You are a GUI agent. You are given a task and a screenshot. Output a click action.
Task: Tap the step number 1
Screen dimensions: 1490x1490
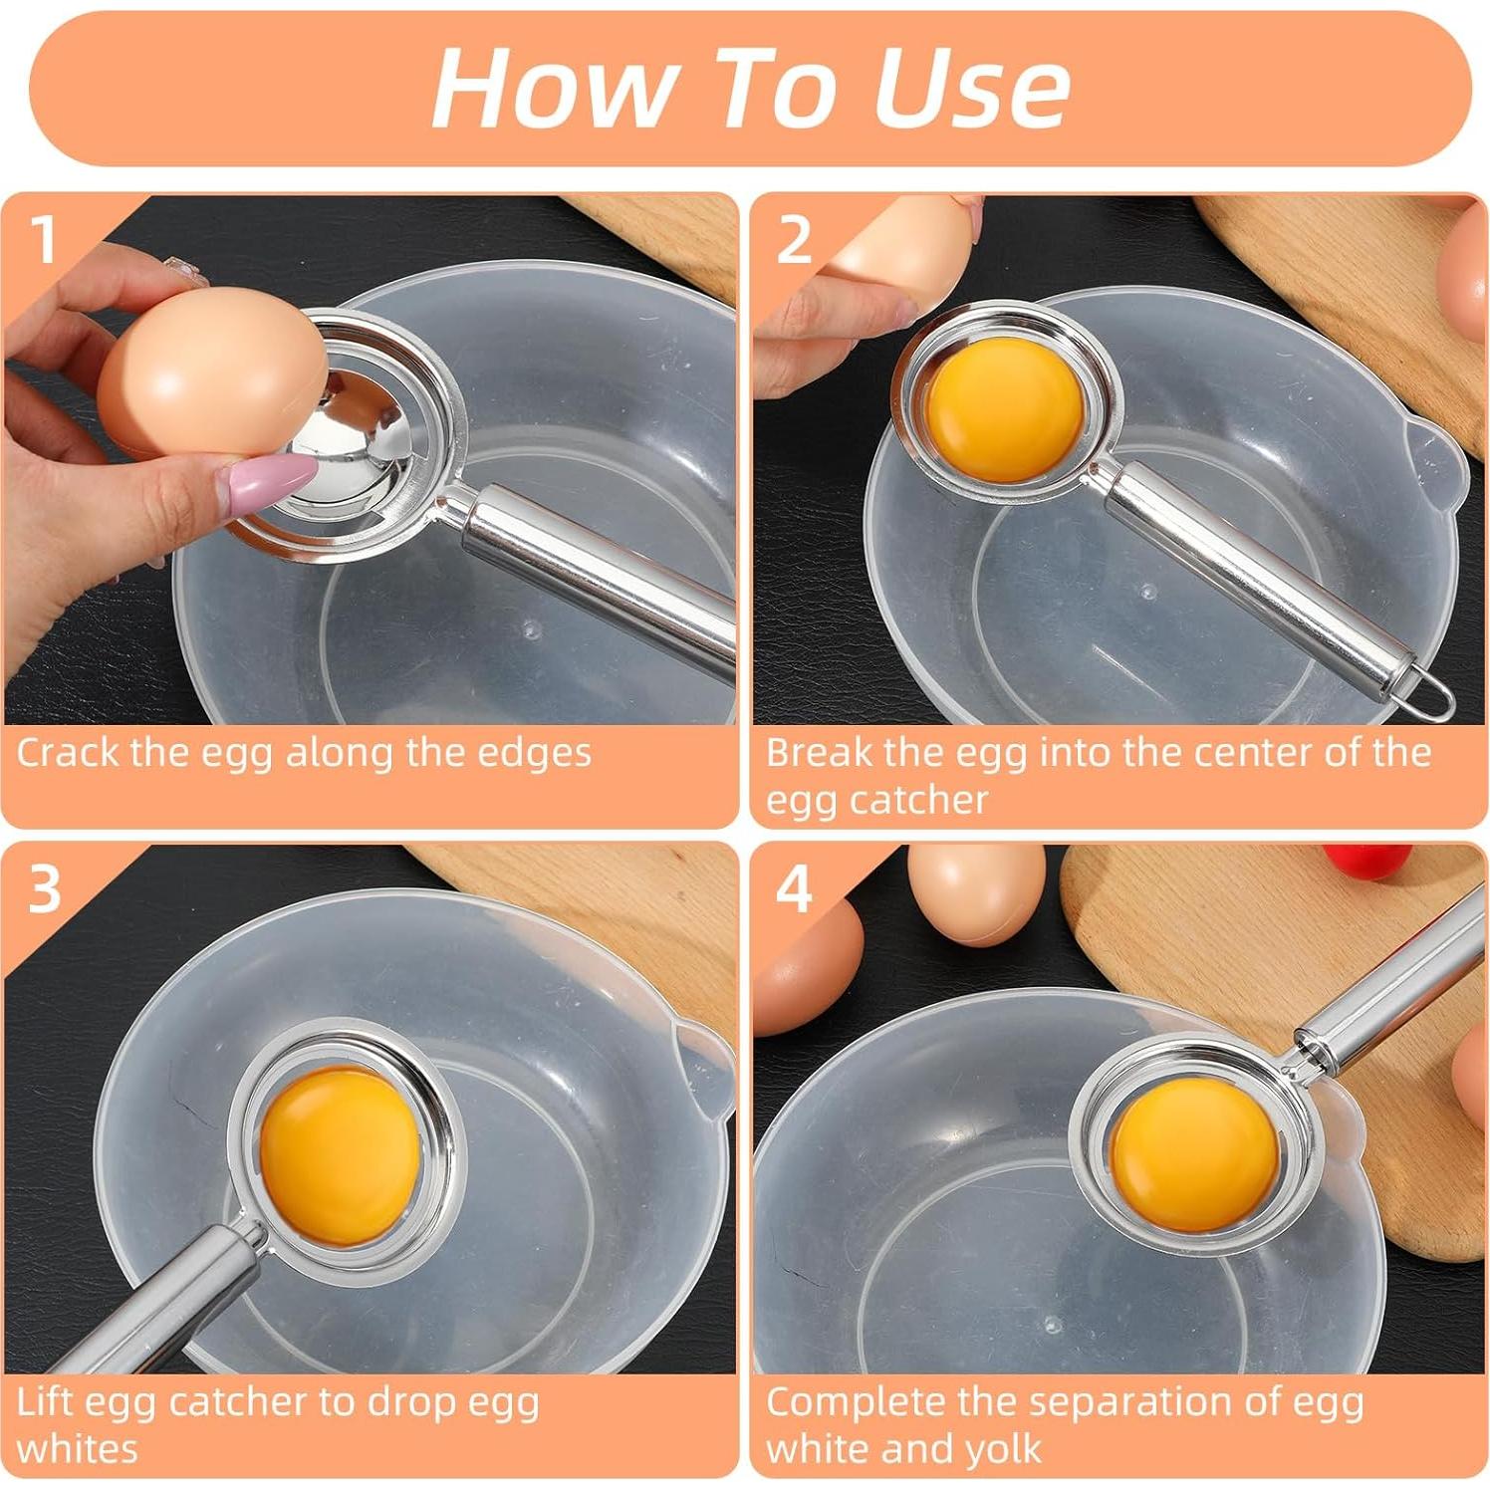click(43, 240)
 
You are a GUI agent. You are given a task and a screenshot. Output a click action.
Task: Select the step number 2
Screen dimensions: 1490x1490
click(794, 240)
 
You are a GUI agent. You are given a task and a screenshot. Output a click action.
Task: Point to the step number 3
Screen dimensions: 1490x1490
click(45, 888)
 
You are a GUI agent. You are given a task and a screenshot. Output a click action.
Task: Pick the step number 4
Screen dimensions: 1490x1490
click(794, 888)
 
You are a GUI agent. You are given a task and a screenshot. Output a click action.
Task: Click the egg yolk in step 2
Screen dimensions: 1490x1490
click(1004, 408)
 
